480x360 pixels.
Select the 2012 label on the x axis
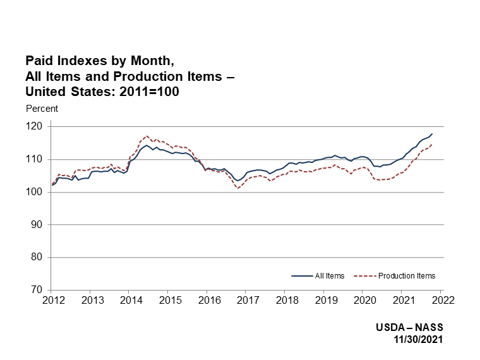(52, 301)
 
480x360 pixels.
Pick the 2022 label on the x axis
(442, 301)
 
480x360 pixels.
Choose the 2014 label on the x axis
(130, 301)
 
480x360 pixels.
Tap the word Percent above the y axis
(42, 109)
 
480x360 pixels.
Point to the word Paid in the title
(38, 61)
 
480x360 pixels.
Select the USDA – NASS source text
(409, 328)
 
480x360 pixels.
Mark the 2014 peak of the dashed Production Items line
(147, 136)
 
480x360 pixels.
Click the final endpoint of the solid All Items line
(432, 134)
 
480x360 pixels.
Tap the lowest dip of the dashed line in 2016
(238, 188)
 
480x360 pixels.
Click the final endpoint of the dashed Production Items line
(432, 145)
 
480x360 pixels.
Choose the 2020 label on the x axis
(364, 301)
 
